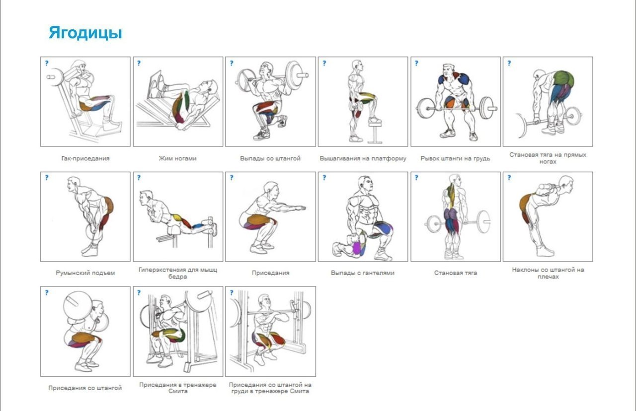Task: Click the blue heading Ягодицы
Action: click(x=85, y=33)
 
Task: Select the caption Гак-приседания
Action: click(x=85, y=158)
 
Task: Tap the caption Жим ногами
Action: click(x=178, y=158)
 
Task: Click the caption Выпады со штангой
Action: click(x=270, y=158)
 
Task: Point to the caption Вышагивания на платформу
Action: click(x=363, y=158)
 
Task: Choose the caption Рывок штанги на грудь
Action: click(x=456, y=158)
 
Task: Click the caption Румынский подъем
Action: click(x=85, y=273)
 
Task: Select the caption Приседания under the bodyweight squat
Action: click(x=271, y=273)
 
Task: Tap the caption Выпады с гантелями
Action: click(x=363, y=273)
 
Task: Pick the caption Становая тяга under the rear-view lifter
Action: click(x=456, y=273)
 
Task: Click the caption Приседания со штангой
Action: click(x=85, y=388)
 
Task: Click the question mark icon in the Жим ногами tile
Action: click(x=139, y=63)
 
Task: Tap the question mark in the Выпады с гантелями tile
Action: click(x=324, y=178)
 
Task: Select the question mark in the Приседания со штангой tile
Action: click(x=47, y=292)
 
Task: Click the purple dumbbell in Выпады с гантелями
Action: click(x=357, y=247)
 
